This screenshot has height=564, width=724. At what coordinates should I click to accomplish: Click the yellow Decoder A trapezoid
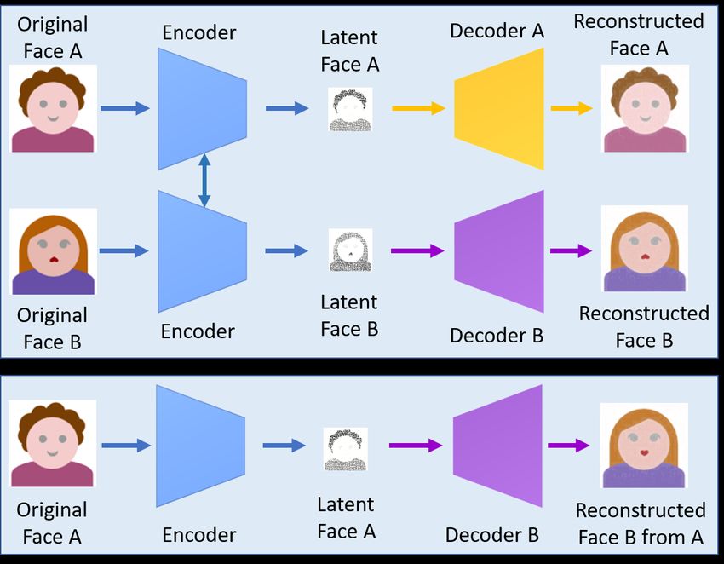pos(499,109)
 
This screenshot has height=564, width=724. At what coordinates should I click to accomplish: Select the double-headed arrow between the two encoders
pos(204,180)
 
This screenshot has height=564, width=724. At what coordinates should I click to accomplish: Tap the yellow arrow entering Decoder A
pos(418,108)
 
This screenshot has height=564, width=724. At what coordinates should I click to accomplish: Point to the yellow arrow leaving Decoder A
pos(572,108)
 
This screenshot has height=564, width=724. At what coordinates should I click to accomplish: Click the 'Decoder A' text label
pos(497,31)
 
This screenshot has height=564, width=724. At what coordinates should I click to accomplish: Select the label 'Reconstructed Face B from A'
pos(641,524)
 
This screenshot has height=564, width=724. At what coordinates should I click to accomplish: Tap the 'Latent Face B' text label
pos(349,315)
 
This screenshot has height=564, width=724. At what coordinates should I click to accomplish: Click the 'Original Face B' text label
pos(52,328)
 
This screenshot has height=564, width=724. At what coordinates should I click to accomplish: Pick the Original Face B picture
pos(53,251)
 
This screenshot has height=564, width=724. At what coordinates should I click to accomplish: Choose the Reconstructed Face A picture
pos(645,108)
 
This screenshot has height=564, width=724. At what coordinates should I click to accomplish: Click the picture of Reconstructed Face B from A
pos(644,446)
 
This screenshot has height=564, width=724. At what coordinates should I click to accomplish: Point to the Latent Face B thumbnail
pos(350,250)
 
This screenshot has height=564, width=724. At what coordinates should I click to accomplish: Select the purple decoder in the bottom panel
pos(497,446)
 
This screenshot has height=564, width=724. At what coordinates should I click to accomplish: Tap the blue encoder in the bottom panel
pos(200,446)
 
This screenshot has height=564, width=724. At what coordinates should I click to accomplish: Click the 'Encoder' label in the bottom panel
pos(199,535)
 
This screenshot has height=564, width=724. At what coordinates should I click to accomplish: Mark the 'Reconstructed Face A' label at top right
pos(639,35)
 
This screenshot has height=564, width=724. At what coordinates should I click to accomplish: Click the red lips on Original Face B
pos(54,259)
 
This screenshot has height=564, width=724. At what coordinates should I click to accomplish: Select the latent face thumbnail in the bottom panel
pos(345,449)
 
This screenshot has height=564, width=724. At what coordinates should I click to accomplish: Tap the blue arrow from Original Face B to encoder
pos(124,250)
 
